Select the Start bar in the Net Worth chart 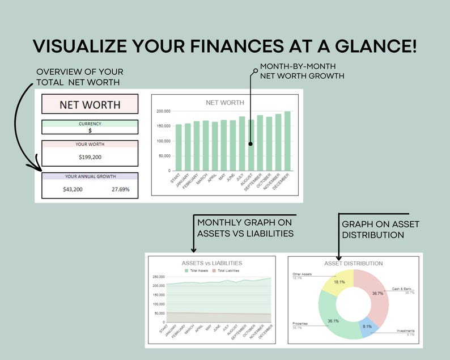click(179, 147)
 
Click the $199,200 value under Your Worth click(90, 157)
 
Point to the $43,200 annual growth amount click(73, 189)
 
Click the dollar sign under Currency click(90, 130)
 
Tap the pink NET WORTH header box click(90, 104)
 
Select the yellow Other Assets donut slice click(338, 282)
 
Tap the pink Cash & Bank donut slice click(376, 294)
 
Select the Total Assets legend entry click(196, 271)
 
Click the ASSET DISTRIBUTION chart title click(353, 263)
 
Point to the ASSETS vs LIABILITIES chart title click(211, 263)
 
